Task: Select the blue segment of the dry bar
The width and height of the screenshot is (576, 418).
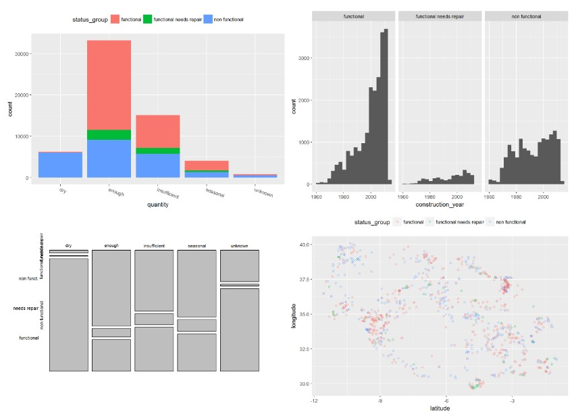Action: (61, 165)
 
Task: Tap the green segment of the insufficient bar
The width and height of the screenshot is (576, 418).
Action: (157, 151)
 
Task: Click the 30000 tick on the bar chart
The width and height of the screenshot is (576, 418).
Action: (23, 54)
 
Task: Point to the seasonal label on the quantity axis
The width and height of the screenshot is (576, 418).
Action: (214, 192)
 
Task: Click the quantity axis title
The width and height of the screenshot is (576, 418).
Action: (157, 205)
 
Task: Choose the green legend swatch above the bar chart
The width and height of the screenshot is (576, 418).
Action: (147, 20)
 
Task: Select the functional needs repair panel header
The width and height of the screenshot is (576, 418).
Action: (440, 16)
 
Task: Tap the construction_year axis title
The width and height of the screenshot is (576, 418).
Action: (440, 204)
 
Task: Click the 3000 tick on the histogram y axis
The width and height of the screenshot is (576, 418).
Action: (304, 58)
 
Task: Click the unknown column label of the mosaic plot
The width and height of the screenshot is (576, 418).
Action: (240, 246)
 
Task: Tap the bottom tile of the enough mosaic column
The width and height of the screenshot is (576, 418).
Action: (111, 355)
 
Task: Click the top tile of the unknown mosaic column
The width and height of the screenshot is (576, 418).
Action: (240, 266)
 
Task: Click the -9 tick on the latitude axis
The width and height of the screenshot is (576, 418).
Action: (380, 400)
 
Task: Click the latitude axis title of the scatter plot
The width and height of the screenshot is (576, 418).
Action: (440, 409)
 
